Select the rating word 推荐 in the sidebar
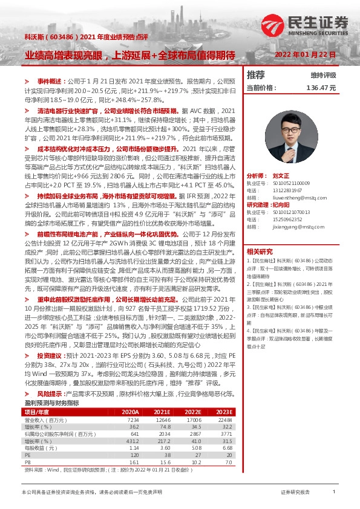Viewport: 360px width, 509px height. tap(256, 75)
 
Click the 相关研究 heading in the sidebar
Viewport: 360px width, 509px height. tap(260, 251)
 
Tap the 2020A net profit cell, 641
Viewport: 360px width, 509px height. tap(134, 433)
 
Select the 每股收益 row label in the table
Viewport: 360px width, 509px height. tap(38, 448)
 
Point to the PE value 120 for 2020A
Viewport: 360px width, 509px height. tap(134, 455)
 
